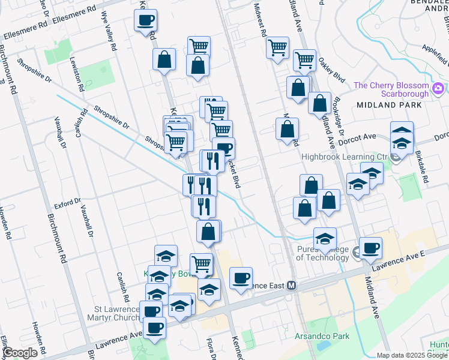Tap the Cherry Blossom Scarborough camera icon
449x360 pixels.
tap(437, 89)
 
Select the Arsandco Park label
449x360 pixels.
tap(322, 337)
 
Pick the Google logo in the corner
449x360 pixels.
tap(20, 353)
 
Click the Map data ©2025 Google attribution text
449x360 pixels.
tap(411, 355)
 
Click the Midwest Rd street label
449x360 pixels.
tap(261, 21)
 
